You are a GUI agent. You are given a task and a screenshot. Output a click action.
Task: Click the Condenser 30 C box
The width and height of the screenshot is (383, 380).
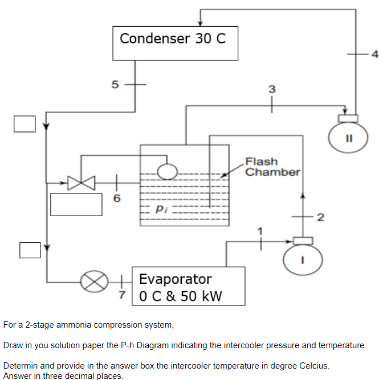[x=176, y=43]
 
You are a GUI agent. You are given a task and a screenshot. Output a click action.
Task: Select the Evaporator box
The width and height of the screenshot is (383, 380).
[x=189, y=286]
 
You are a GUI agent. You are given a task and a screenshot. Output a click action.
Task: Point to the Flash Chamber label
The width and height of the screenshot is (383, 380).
[x=272, y=167]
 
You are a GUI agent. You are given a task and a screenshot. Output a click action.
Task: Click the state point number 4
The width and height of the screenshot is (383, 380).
[x=374, y=55]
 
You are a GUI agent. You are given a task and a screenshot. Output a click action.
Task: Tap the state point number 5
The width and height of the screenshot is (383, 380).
[x=115, y=85]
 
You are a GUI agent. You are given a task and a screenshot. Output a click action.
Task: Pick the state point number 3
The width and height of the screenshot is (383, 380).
[x=272, y=89]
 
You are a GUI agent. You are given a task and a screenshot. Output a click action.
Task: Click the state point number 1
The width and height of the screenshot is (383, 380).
[x=261, y=230]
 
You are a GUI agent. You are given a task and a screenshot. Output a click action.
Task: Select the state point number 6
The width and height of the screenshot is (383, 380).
[x=117, y=199]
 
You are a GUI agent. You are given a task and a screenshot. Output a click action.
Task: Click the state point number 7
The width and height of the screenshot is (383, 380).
[x=121, y=296]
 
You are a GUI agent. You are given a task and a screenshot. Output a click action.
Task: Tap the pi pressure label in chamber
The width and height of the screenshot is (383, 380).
[x=161, y=209]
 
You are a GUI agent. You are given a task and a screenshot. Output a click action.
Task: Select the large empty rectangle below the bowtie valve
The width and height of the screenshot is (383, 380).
[x=72, y=205]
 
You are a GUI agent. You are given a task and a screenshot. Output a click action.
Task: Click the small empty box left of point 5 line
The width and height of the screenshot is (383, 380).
[x=25, y=123]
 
